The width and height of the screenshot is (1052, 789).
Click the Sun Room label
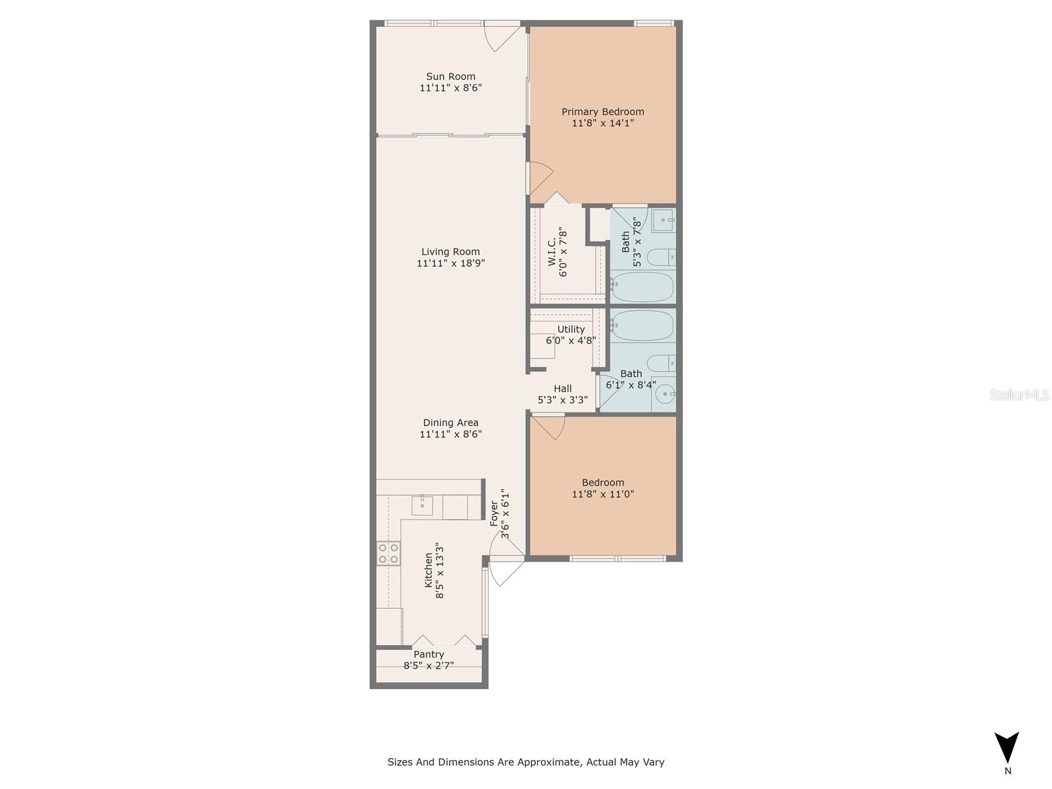450,76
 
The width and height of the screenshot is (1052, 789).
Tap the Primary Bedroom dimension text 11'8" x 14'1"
602,123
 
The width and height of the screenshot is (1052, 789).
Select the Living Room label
450,251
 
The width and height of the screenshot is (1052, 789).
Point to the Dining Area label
450,423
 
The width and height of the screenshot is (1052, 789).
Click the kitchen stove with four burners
388,553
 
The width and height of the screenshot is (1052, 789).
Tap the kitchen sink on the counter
422,505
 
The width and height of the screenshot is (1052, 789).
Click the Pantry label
429,654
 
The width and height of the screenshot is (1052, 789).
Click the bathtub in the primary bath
642,287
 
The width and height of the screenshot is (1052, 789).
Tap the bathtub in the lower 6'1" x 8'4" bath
642,325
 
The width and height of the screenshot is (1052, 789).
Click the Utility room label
571,329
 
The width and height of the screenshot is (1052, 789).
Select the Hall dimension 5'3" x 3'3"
562,400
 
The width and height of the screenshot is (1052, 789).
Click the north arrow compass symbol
1007,748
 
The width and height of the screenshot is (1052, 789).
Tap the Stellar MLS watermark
1019,395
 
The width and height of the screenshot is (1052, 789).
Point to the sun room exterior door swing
501,37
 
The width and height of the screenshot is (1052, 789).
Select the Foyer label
494,514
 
